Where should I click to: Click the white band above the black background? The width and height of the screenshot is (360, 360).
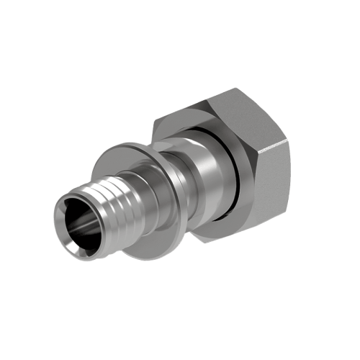(180, 22)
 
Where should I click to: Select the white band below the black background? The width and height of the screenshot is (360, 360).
(180, 338)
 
